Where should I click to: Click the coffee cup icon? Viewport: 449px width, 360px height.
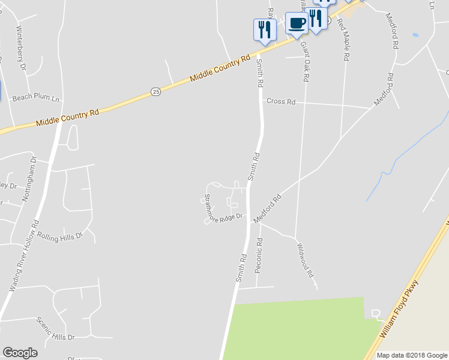click(x=297, y=23)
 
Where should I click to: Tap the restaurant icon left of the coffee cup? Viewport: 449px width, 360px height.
click(x=264, y=29)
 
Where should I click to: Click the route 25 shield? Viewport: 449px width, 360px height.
click(x=156, y=91)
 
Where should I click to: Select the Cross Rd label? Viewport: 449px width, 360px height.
click(x=281, y=101)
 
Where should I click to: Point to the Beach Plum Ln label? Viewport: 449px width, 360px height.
click(x=37, y=97)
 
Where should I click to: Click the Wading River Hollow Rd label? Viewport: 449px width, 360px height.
click(x=25, y=255)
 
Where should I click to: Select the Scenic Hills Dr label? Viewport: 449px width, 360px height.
click(x=55, y=328)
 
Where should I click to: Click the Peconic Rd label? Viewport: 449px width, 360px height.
click(x=259, y=255)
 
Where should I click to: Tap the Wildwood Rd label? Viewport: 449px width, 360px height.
click(x=306, y=259)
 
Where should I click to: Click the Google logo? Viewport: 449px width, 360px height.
click(x=20, y=353)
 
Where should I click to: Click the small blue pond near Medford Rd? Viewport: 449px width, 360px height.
click(x=415, y=35)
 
